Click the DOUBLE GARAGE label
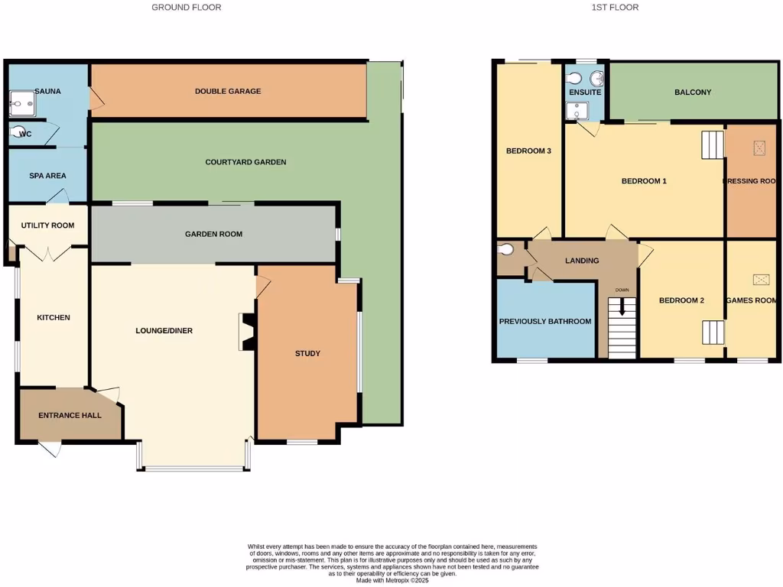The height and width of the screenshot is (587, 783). [227, 91]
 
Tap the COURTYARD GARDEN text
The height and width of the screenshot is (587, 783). [245, 162]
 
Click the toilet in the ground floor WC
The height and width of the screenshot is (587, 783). [18, 133]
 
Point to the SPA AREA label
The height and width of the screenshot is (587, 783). [47, 176]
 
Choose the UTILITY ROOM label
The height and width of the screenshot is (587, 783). [47, 225]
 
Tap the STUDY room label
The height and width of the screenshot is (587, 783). [307, 353]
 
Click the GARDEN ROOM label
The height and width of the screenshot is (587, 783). [213, 234]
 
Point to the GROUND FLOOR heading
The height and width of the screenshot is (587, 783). [187, 8]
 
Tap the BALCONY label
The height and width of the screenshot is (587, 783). [692, 92]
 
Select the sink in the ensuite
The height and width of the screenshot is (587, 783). [596, 78]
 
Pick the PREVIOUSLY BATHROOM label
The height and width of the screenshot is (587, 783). [545, 321]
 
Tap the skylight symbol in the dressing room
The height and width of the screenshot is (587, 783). [759, 148]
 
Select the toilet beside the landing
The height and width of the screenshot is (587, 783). [505, 249]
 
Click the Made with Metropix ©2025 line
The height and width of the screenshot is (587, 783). [391, 580]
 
